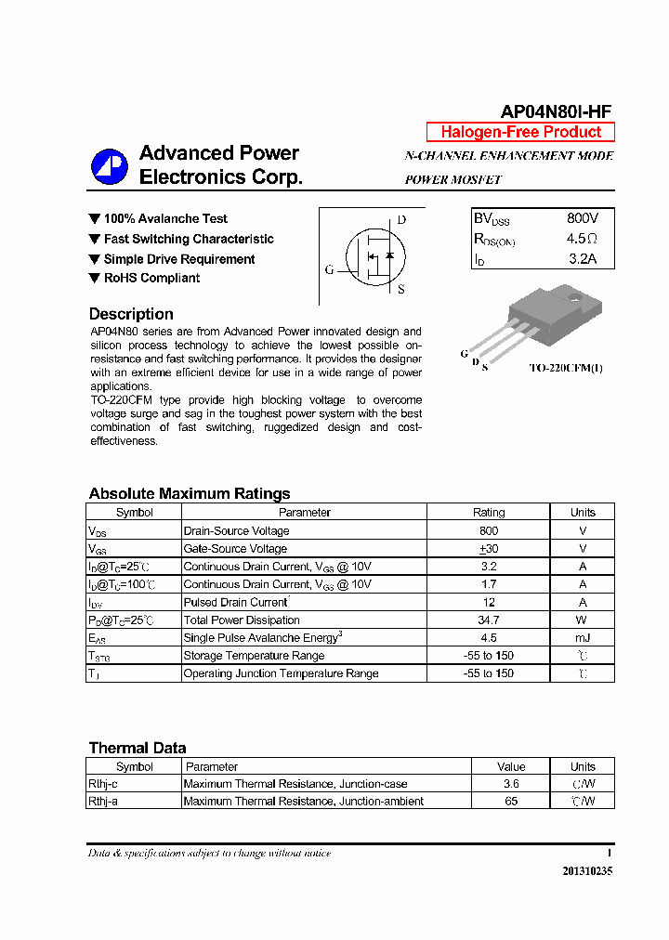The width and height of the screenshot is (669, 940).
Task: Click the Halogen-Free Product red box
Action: pos(520,132)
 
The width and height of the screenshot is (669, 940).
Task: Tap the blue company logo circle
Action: pos(109,166)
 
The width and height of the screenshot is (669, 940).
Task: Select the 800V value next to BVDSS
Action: pos(583,218)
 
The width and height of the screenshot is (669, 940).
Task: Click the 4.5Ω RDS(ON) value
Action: pos(582,239)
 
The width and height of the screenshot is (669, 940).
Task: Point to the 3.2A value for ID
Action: pos(582,259)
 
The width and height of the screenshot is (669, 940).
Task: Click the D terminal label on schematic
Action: pos(401,220)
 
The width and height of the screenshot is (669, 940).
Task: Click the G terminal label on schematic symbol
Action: pos(329,270)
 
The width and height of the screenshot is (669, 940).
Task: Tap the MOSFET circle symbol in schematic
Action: pos(376,256)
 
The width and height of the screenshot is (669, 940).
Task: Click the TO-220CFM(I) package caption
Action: pos(566,368)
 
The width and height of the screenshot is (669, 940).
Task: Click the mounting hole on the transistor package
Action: pos(574,300)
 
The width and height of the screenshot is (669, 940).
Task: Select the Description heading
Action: pos(131,314)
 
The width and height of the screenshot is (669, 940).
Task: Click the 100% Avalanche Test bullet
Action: pos(164,218)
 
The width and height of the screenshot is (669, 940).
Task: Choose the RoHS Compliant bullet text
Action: pos(151,278)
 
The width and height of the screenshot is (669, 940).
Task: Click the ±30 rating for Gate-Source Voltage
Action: pos(489,549)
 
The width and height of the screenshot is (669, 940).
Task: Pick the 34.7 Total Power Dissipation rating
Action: pos(489,620)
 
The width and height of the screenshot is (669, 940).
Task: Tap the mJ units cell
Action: pos(583,637)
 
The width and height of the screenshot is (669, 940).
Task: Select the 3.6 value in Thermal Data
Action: pos(511,784)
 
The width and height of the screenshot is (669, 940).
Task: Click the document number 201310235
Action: pos(587,871)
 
